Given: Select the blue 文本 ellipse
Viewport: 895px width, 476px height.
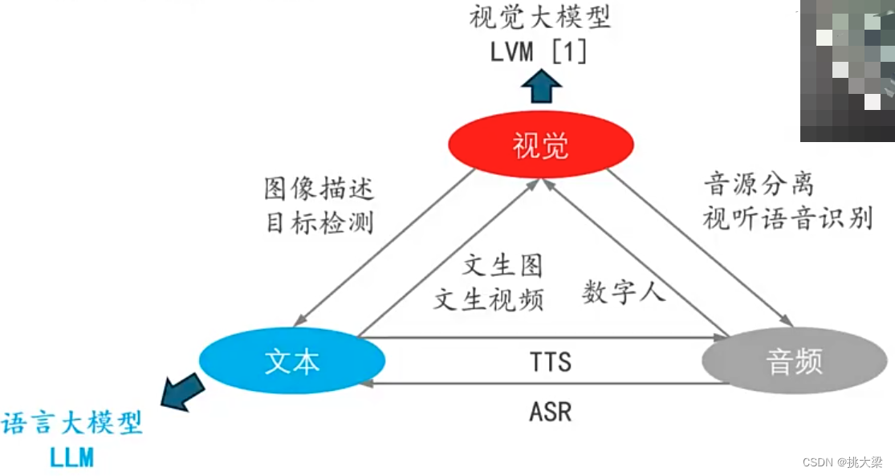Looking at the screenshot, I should [x=292, y=361].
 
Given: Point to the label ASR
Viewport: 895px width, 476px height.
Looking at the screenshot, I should [x=550, y=412].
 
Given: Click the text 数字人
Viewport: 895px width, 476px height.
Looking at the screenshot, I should [x=624, y=292].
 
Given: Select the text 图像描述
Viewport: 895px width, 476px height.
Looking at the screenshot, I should [x=319, y=189].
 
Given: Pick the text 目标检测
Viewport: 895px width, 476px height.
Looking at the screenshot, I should [x=319, y=222].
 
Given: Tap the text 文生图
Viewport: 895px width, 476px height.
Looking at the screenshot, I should [x=503, y=265].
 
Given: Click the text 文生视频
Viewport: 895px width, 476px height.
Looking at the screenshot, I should [x=489, y=299].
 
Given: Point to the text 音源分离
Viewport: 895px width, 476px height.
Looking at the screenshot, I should [x=759, y=185].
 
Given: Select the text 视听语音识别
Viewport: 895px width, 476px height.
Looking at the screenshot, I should [x=787, y=218].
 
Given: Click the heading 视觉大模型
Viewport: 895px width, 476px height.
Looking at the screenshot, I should [x=540, y=17].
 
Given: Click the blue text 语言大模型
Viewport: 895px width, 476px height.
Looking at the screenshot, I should [x=72, y=423].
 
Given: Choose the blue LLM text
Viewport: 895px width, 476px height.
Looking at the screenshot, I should [x=71, y=458].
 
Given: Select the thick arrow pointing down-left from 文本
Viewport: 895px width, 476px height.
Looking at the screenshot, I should [x=182, y=393].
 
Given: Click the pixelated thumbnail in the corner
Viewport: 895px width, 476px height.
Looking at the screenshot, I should [x=847, y=71].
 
